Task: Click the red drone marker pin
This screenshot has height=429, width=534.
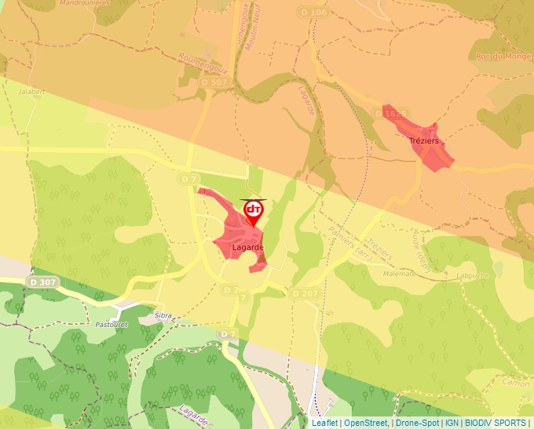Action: click(x=253, y=211)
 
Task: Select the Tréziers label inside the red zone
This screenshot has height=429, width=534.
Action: click(x=424, y=141)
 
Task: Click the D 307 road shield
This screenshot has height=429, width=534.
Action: click(x=42, y=282)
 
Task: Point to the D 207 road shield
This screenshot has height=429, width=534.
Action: click(x=305, y=293)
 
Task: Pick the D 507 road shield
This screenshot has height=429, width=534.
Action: click(x=214, y=82)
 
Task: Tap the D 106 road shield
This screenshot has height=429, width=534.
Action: click(x=313, y=13)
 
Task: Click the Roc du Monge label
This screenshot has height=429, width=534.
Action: click(x=502, y=56)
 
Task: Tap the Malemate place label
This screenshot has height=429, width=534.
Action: click(x=399, y=274)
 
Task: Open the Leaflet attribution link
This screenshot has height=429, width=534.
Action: click(x=324, y=423)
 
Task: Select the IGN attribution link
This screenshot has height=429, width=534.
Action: click(x=452, y=423)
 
